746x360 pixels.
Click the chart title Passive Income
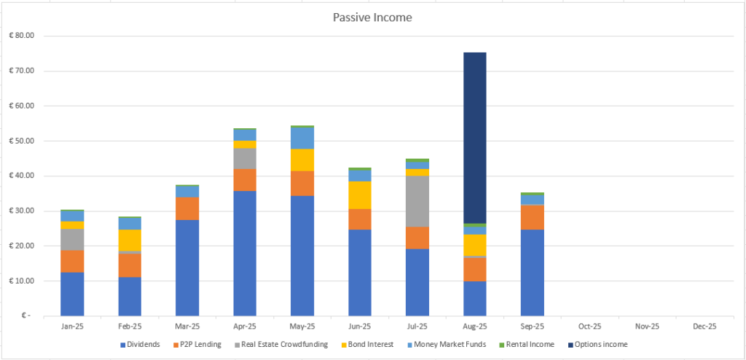pyautogui.click(x=372, y=17)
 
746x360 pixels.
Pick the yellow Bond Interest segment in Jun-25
pyautogui.click(x=360, y=195)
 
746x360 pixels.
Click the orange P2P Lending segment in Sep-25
pyautogui.click(x=533, y=217)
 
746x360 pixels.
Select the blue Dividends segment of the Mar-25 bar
pyautogui.click(x=187, y=267)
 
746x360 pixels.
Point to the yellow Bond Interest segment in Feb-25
pyautogui.click(x=130, y=240)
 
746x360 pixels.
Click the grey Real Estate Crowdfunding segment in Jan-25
pyautogui.click(x=72, y=239)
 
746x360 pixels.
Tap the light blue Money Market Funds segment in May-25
pyautogui.click(x=302, y=138)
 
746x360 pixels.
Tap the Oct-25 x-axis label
pyautogui.click(x=590, y=326)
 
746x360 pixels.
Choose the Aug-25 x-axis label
pyautogui.click(x=475, y=326)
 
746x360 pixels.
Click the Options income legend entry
pyautogui.click(x=602, y=344)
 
